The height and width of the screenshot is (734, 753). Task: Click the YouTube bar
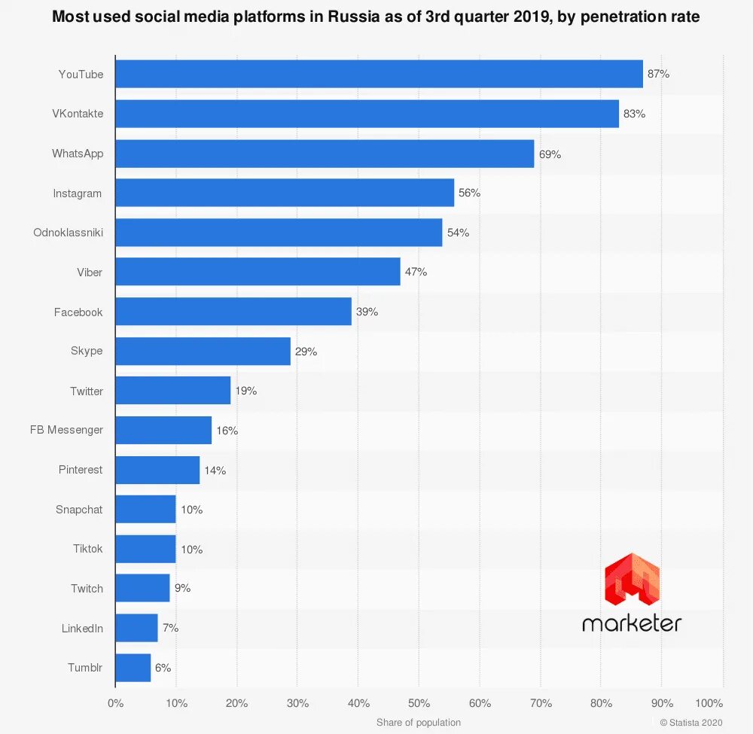tap(379, 75)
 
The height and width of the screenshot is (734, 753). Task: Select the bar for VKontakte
tap(367, 114)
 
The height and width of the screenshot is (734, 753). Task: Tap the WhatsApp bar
tap(325, 154)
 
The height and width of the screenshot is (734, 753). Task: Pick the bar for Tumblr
tap(133, 668)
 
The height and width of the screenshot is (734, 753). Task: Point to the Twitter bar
tap(172, 391)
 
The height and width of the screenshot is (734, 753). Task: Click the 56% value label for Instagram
tap(469, 193)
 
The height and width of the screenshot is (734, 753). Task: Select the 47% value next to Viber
tap(416, 272)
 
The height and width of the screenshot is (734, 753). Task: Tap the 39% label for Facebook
tap(367, 312)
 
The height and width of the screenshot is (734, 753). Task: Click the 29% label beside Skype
tap(306, 352)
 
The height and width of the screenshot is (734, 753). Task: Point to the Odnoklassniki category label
tap(68, 233)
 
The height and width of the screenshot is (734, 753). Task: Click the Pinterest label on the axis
tap(81, 470)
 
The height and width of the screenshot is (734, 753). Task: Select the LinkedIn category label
tap(82, 628)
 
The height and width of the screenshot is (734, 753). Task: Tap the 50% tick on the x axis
tap(419, 703)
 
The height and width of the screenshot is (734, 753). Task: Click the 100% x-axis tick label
tap(708, 703)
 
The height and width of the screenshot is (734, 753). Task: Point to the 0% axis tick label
tap(115, 703)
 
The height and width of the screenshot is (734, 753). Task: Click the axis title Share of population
tap(419, 723)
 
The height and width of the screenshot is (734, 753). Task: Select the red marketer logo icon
tap(632, 580)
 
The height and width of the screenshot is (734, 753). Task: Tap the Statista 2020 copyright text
tap(691, 723)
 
